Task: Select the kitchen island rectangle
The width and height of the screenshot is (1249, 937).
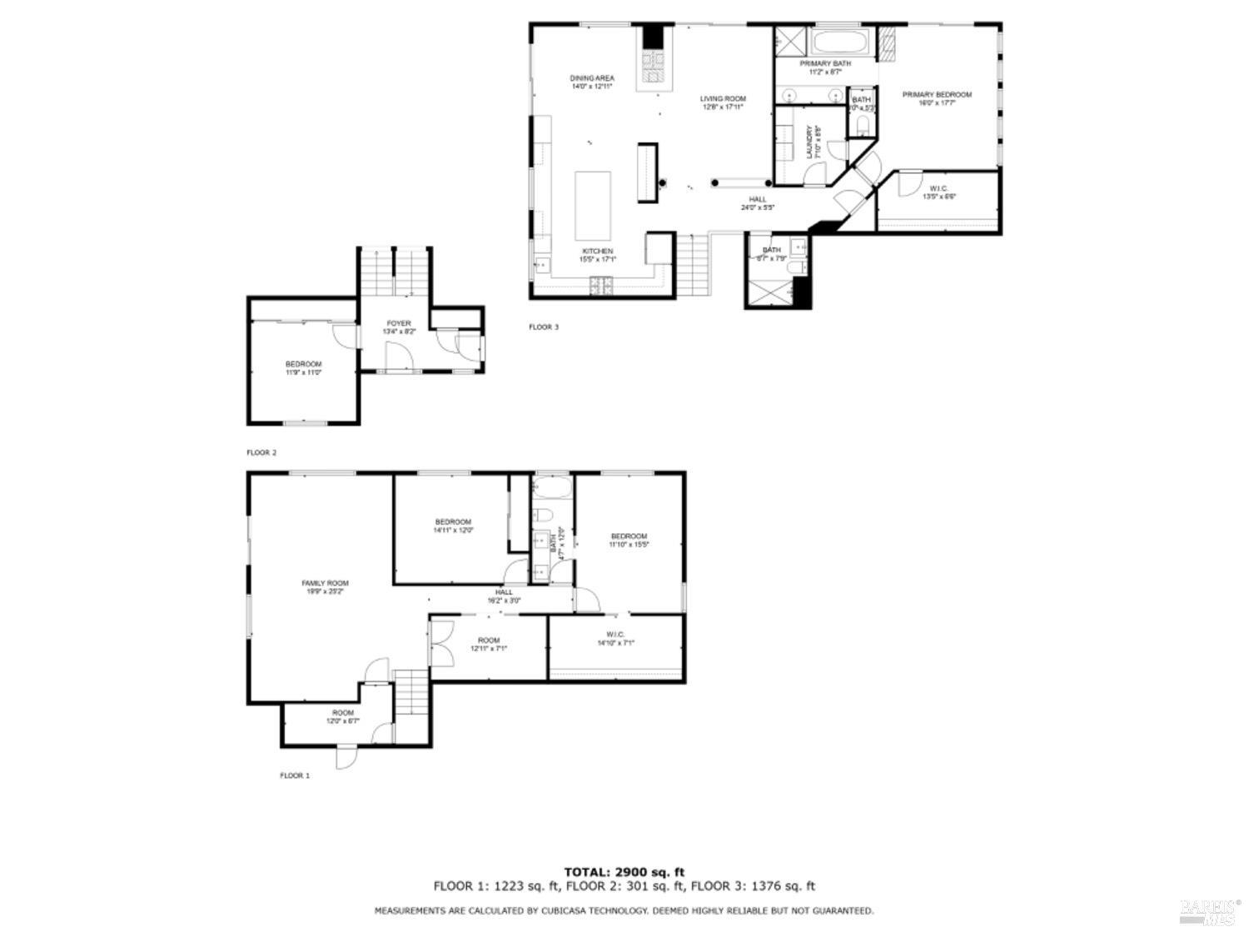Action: [593, 205]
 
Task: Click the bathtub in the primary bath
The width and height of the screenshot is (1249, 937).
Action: [840, 42]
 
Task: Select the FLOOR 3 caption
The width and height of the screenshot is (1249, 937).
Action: [544, 327]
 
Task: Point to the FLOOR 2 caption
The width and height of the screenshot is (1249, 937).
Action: [261, 453]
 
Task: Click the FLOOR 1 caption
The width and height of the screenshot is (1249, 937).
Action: [294, 775]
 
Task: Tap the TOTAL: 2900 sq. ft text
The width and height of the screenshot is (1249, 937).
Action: [624, 872]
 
